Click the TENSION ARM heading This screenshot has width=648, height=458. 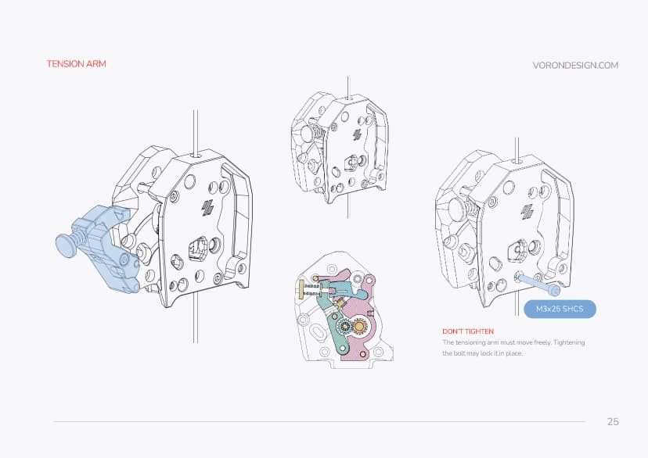(76, 64)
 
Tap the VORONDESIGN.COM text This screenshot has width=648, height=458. (575, 66)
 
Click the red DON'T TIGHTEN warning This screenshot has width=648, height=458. (468, 331)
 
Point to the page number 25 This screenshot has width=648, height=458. (613, 422)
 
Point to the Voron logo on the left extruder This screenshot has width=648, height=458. (208, 208)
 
